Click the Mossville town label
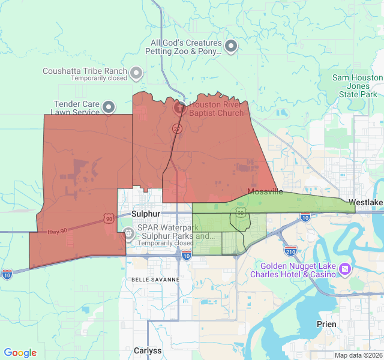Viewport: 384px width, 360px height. tap(265, 192)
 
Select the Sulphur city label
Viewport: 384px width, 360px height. tap(146, 214)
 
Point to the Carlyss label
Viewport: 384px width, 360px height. tap(148, 351)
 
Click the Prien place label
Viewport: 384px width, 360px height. tap(326, 324)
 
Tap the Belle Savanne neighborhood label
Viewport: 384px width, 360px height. tap(155, 280)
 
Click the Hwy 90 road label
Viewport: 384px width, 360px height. tap(58, 231)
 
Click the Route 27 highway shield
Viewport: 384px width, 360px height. tap(176, 128)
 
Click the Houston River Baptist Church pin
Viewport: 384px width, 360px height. tap(179, 108)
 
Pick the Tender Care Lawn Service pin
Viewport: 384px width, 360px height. tap(109, 107)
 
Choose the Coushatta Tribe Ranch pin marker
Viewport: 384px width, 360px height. tap(136, 73)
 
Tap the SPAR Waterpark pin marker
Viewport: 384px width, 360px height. tap(128, 234)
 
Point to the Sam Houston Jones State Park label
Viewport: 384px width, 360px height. tap(358, 86)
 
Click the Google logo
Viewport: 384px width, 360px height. tap(20, 353)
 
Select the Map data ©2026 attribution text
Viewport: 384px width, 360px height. tap(358, 355)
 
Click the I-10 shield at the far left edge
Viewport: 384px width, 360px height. tap(7, 274)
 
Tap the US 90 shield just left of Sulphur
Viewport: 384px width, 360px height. tap(108, 220)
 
